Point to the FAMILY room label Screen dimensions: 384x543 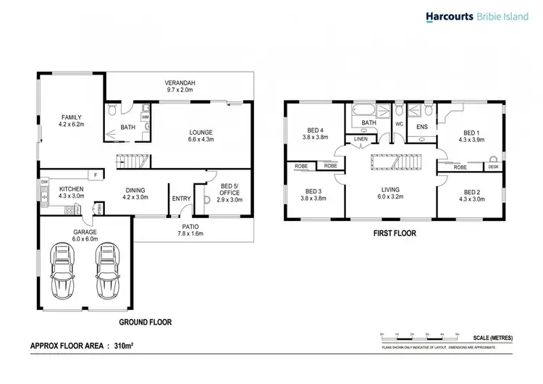pos(71,120)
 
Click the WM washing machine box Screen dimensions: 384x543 pos(145,116)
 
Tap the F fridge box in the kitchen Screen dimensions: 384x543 pos(94,174)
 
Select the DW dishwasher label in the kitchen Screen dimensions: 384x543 pos(44,182)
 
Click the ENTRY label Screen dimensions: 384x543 pos(181,198)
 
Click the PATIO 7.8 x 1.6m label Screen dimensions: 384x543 pos(191,230)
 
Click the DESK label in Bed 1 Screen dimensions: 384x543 pos(493,167)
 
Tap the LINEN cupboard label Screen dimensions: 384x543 pos(361,139)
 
